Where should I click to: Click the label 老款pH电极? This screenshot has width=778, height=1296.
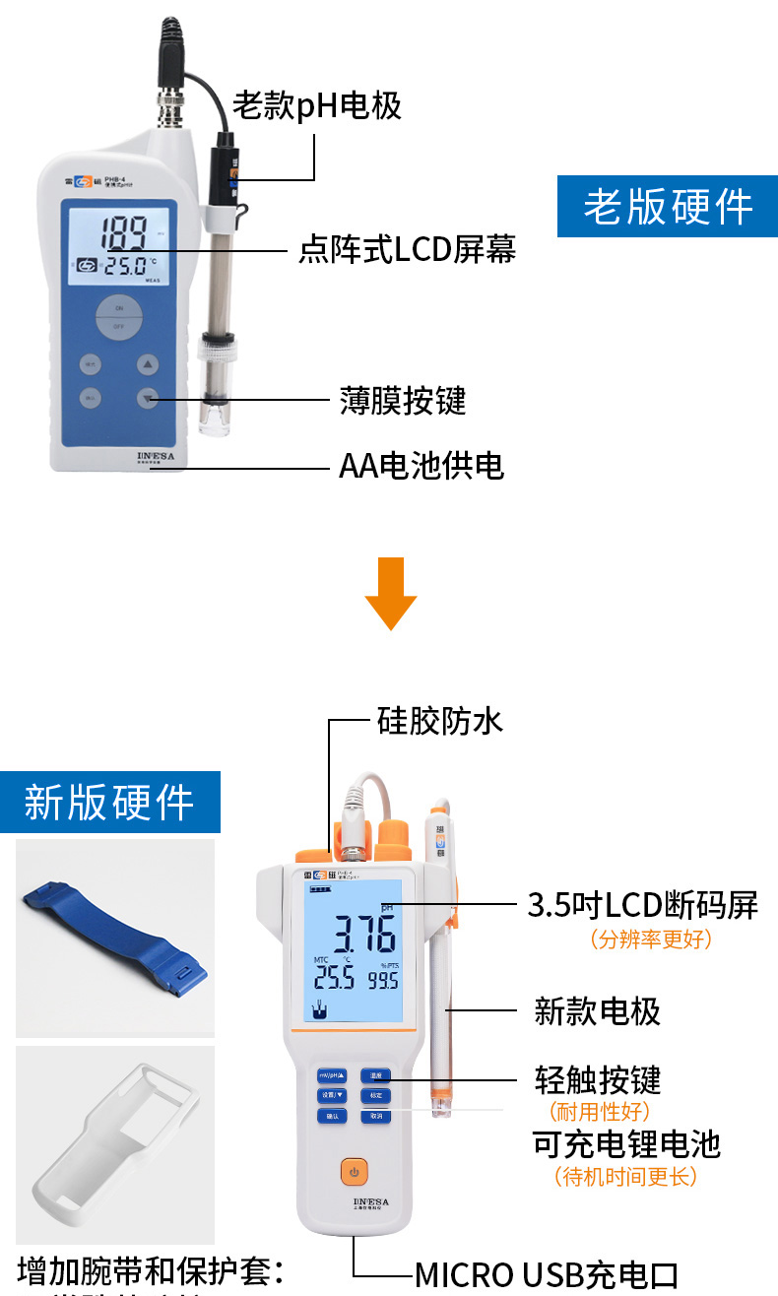pyautogui.click(x=317, y=104)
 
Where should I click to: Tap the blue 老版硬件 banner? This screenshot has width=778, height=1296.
pyautogui.click(x=667, y=207)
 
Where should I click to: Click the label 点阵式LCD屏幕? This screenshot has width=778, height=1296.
pyautogui.click(x=407, y=249)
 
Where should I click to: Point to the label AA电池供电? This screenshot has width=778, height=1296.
pyautogui.click(x=421, y=465)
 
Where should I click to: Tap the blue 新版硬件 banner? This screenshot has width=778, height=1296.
pyautogui.click(x=109, y=802)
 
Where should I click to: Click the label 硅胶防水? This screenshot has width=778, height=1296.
pyautogui.click(x=440, y=720)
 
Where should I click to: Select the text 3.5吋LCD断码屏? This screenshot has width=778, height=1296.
pyautogui.click(x=642, y=904)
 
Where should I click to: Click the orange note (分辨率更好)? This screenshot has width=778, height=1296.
pyautogui.click(x=650, y=939)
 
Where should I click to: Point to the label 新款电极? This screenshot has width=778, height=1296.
pyautogui.click(x=597, y=1010)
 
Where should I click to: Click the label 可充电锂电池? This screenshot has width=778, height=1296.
pyautogui.click(x=626, y=1143)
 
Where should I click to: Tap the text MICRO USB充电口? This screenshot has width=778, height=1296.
pyautogui.click(x=546, y=1274)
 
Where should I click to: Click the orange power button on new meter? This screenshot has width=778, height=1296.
pyautogui.click(x=355, y=1172)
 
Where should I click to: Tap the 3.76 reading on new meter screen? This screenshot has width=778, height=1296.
pyautogui.click(x=363, y=933)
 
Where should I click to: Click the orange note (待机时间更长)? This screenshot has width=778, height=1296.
pyautogui.click(x=625, y=1176)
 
